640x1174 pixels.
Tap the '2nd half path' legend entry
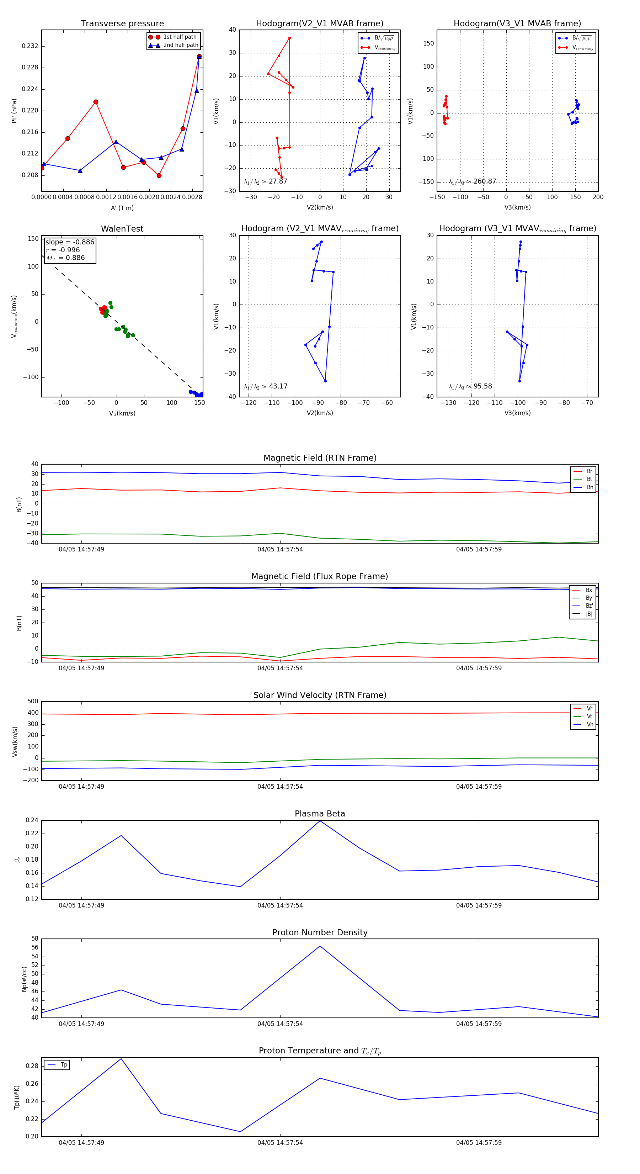tap(180, 45)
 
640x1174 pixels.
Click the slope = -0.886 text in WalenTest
tap(70, 242)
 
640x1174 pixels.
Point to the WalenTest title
tap(122, 229)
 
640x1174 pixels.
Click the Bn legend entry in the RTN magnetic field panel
tap(590, 487)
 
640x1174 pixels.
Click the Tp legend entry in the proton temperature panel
tap(63, 1065)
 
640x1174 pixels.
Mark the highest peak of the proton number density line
tap(320, 946)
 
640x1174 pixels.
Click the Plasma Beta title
tap(320, 814)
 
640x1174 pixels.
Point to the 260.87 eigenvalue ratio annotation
tap(485, 181)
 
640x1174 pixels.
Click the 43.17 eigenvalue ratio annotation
tap(278, 386)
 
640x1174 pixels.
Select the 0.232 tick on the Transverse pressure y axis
tap(30, 46)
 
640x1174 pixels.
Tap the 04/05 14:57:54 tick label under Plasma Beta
tap(280, 905)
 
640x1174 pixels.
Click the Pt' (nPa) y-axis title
tap(14, 111)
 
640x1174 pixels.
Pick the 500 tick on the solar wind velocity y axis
tap(33, 702)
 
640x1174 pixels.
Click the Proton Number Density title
tap(320, 932)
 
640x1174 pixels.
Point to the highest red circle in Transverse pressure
tap(199, 57)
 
